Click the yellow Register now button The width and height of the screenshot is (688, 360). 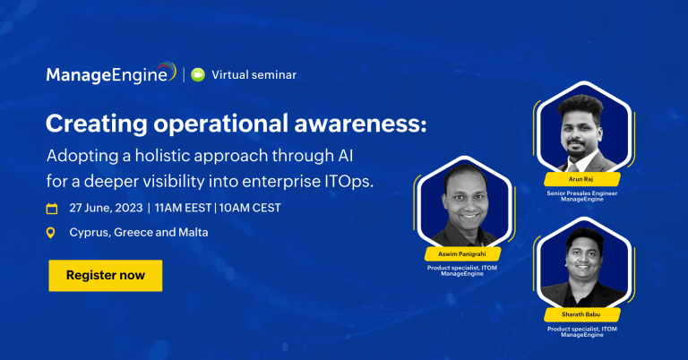tap(106, 275)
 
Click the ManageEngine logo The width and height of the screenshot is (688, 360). tap(111, 73)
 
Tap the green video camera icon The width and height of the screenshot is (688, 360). tap(198, 75)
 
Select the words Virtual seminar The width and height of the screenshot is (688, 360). tap(254, 75)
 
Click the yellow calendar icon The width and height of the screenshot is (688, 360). tap(52, 209)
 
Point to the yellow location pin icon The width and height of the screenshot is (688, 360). tap(51, 233)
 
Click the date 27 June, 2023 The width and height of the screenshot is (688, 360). tap(106, 208)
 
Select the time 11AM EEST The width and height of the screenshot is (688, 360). tap(183, 208)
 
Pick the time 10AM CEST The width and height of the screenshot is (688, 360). tap(250, 208)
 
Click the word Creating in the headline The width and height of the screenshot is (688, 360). tap(97, 124)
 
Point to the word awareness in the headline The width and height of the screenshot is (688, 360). tap(360, 124)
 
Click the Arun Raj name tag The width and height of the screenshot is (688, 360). tap(581, 179)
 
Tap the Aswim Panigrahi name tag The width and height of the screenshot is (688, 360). tap(462, 254)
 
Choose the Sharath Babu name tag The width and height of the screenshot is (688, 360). tap(581, 314)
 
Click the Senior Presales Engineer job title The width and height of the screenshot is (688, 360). tap(581, 193)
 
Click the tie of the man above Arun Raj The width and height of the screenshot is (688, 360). tap(572, 167)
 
